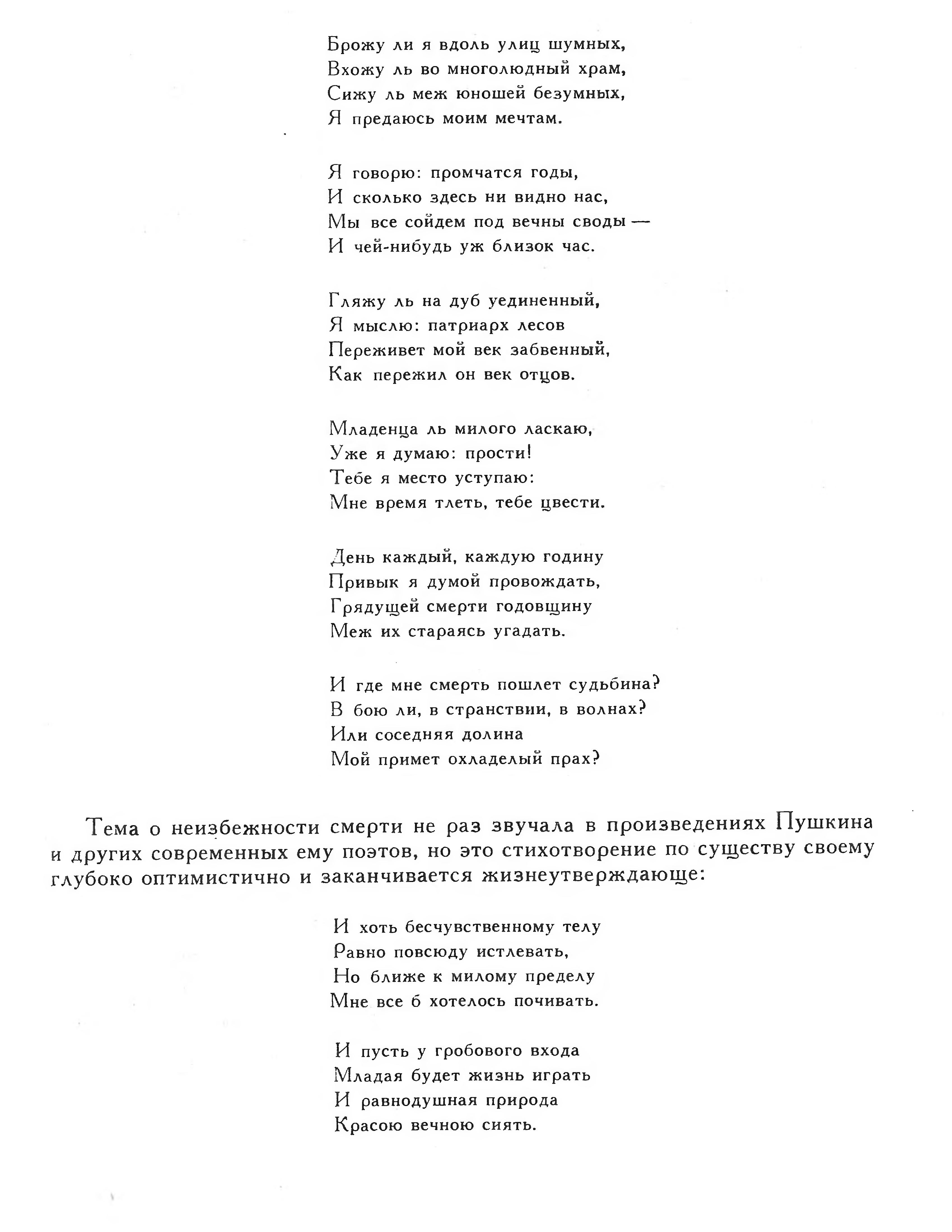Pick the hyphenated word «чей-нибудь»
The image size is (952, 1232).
404,246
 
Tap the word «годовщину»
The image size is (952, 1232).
544,606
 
